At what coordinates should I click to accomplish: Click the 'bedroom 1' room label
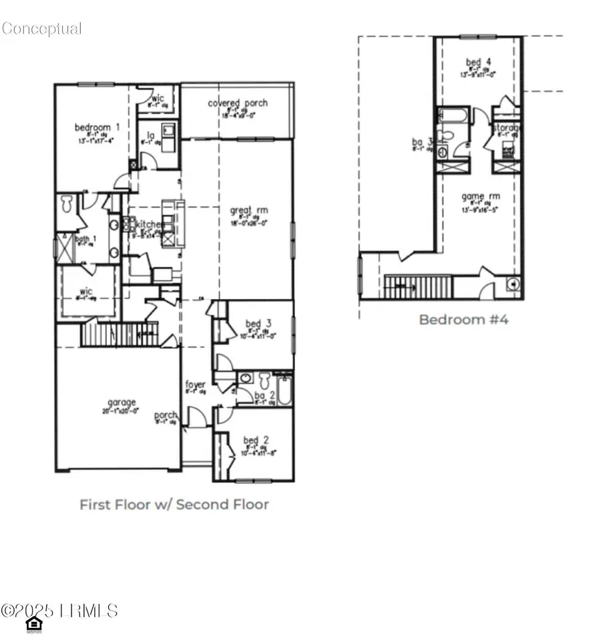[97, 127]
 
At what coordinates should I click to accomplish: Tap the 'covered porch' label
[238, 103]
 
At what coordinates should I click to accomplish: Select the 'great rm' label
[249, 210]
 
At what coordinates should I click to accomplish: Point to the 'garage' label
[122, 402]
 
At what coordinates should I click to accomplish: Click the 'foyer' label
[195, 384]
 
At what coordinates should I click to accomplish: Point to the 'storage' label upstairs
[508, 127]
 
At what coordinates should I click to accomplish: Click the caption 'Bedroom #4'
[463, 320]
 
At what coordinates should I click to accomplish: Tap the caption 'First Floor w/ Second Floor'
[174, 505]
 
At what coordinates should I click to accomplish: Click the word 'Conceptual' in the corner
[41, 28]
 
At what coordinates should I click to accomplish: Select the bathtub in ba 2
[284, 390]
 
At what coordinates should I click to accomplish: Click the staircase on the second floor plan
[419, 287]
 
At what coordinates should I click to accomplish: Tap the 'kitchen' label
[149, 225]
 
